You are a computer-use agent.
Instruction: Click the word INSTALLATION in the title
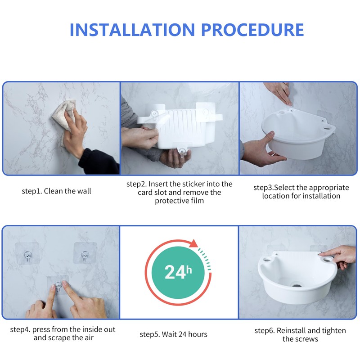click(x=132, y=30)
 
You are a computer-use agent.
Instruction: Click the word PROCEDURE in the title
click(x=252, y=30)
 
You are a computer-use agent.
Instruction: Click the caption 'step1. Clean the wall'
click(x=56, y=191)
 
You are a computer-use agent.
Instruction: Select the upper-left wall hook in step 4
click(x=28, y=256)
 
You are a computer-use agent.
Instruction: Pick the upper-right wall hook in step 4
click(x=85, y=256)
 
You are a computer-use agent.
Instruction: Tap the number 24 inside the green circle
click(x=175, y=272)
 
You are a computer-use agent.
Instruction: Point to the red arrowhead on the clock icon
click(x=194, y=243)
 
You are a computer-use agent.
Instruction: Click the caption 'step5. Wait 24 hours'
click(x=173, y=334)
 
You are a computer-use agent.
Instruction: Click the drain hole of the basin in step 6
click(x=297, y=285)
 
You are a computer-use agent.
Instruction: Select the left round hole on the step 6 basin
click(x=266, y=260)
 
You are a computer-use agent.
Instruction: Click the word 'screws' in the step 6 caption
click(x=307, y=339)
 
